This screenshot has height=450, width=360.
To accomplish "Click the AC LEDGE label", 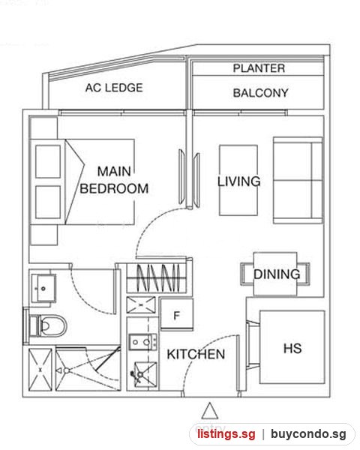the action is coord(114,88).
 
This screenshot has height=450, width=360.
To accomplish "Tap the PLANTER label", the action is coord(259,68).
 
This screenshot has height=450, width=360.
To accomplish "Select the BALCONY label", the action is coord(260,93).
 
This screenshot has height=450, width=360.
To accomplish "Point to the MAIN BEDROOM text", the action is coord(114,180).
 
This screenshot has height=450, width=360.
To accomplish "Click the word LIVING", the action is coord(238,181).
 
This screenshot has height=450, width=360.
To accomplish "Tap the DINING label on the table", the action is coord(277,274).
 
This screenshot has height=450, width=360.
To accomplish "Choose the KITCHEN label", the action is coord(196,354).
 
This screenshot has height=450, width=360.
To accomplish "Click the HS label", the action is coord(292,349).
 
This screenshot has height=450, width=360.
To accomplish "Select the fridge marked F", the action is coord(176,314).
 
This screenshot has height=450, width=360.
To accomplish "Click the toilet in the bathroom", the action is coord(47,326).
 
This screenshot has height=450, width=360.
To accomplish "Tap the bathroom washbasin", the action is coord(43,288).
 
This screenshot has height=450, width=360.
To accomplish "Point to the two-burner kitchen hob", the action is coord(143,342).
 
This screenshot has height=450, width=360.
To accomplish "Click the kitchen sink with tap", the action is coord(145,374).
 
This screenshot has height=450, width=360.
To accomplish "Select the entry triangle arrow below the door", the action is coord(209,411).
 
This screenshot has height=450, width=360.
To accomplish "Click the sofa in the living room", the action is coord(298,180).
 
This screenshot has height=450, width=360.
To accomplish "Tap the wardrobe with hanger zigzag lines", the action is coord(157,277).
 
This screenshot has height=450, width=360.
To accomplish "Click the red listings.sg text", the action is coord(226,433).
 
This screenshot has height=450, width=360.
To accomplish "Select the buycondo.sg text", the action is coord(308,433).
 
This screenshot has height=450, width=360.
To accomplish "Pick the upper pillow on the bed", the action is coord(48,161).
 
